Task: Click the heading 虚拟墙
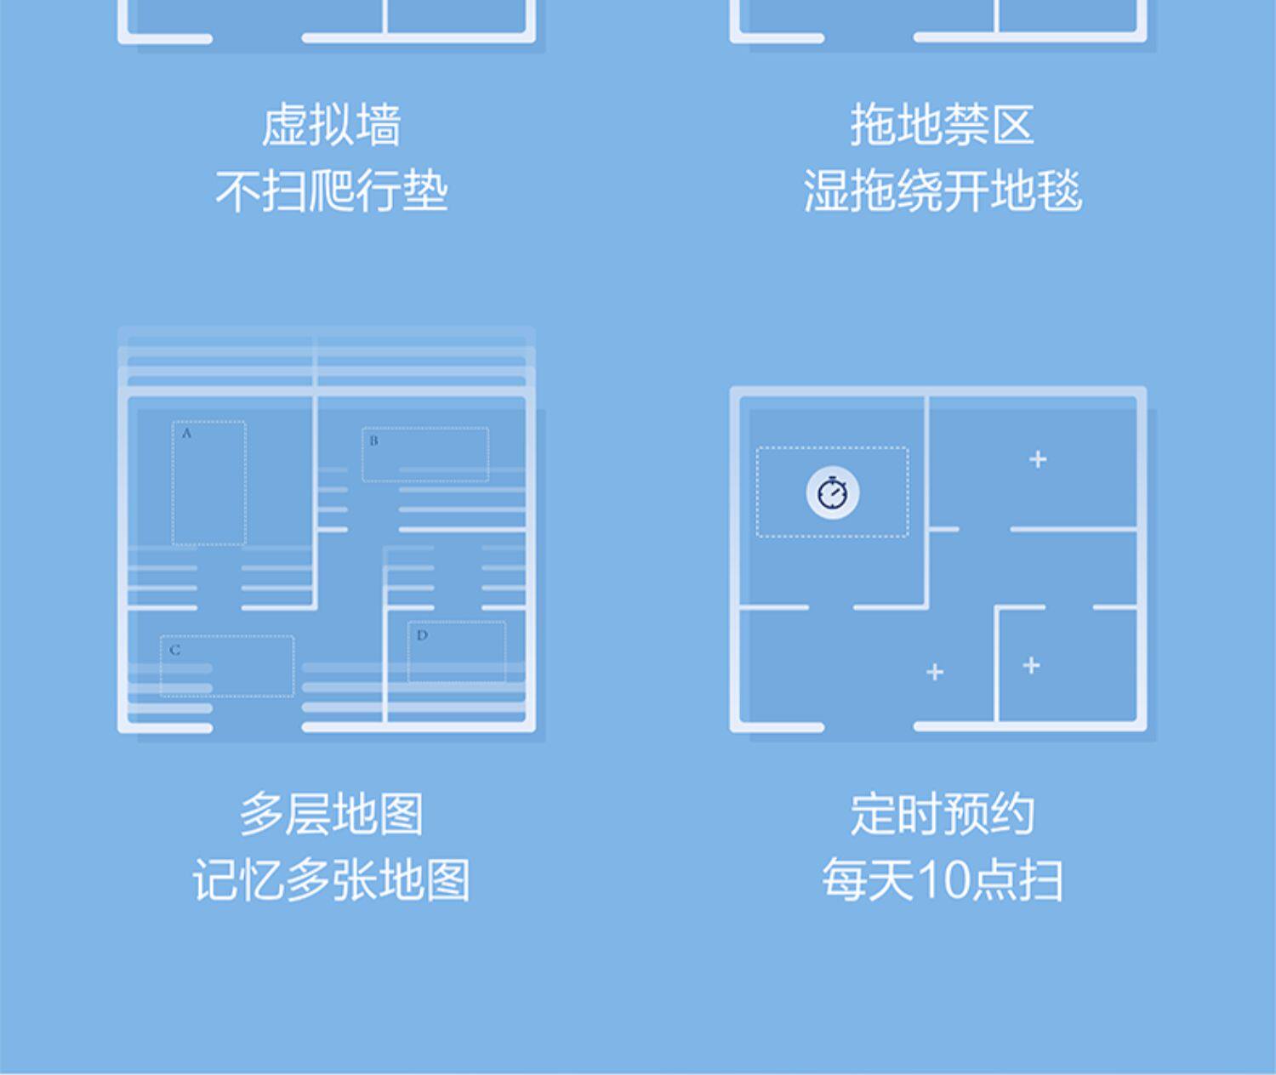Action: pyautogui.click(x=331, y=126)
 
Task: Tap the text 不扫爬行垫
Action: pyautogui.click(x=331, y=191)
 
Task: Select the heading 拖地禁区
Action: pyautogui.click(x=942, y=126)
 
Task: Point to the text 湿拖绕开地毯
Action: pyautogui.click(x=942, y=191)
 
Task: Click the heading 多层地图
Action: pyautogui.click(x=331, y=814)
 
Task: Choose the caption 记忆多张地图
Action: pyautogui.click(x=331, y=879)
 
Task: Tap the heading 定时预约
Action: pyautogui.click(x=942, y=814)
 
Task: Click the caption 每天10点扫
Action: pyautogui.click(x=942, y=879)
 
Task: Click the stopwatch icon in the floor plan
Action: pyautogui.click(x=832, y=493)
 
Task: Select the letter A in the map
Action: pyautogui.click(x=187, y=434)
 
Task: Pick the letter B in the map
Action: pyautogui.click(x=373, y=441)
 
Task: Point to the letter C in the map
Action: pyautogui.click(x=175, y=651)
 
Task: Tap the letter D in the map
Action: pyautogui.click(x=422, y=635)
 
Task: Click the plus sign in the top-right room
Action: pyautogui.click(x=1038, y=460)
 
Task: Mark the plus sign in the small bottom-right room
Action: pyautogui.click(x=1031, y=665)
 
